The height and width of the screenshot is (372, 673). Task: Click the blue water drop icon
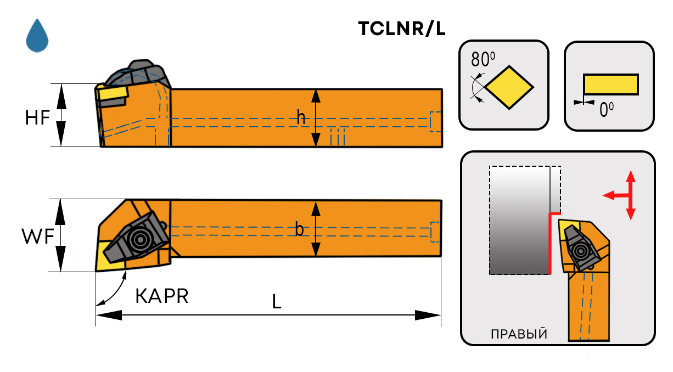37,36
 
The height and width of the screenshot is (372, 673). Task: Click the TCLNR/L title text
401,29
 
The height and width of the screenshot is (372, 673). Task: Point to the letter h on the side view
301,117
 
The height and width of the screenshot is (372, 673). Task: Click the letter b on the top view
299,229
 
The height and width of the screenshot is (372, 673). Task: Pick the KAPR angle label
162,296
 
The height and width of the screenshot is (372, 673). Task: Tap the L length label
277,301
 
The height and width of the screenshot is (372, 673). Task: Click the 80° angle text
484,58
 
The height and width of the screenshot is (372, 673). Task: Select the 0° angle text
606,110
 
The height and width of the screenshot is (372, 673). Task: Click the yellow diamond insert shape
509,87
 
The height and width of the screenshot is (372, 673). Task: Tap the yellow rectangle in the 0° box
610,84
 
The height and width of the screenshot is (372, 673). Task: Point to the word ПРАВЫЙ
519,334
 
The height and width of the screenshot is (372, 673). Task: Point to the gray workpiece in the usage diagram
519,219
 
